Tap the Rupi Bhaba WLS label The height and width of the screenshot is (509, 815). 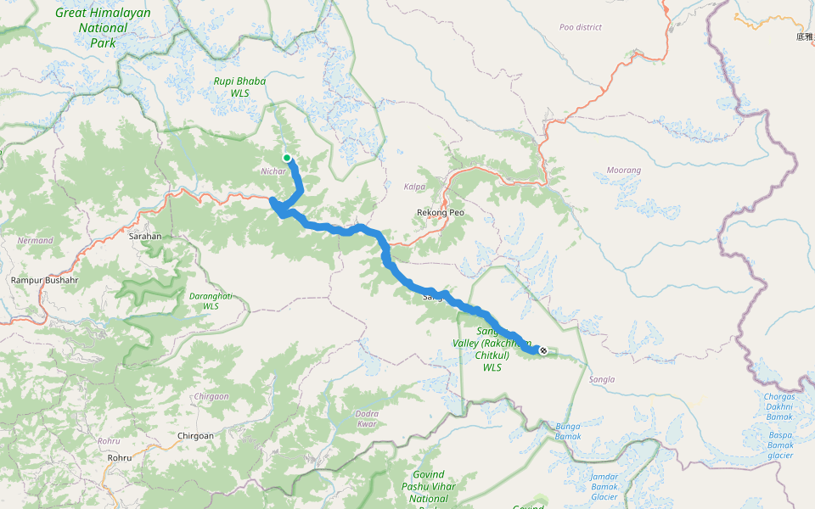coord(239,87)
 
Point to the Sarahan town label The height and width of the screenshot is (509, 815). coord(144,236)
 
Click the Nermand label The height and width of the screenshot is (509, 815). coord(35,240)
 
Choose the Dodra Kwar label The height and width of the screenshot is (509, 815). coord(366,418)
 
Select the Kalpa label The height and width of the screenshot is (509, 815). coord(415,186)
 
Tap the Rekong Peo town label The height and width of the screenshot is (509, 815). coord(441,211)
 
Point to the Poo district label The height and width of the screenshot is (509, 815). coord(581,27)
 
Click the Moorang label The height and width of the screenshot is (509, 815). coord(624,171)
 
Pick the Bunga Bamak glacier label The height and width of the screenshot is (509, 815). coord(568,431)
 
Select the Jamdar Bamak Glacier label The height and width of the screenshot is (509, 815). coord(604,486)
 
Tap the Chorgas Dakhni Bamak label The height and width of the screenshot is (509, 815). coord(779,406)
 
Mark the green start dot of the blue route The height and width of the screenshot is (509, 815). coord(288,158)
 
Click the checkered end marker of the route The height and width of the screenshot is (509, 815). coord(543,350)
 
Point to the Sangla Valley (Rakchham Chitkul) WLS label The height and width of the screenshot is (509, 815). coord(492,349)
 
